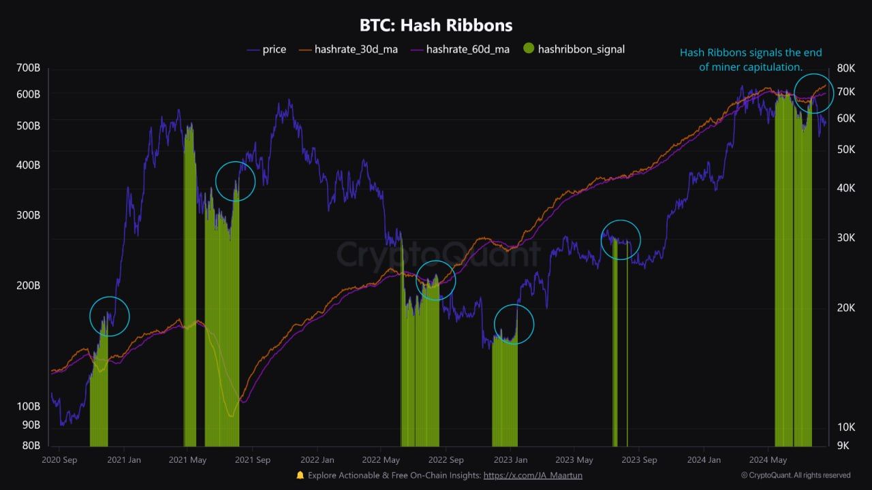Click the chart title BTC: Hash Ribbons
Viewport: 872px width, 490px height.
pyautogui.click(x=436, y=25)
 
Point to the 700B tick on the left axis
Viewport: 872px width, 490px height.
pyautogui.click(x=28, y=68)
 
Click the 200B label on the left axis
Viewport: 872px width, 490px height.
pyautogui.click(x=28, y=285)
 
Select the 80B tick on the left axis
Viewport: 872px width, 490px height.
pyautogui.click(x=31, y=445)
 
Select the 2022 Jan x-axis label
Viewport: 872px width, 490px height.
pyautogui.click(x=317, y=460)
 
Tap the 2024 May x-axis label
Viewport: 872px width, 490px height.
pyautogui.click(x=768, y=460)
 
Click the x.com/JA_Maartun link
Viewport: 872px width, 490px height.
pyautogui.click(x=533, y=476)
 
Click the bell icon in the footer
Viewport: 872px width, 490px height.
pyautogui.click(x=300, y=475)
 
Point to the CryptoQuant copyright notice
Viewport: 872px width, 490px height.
pyautogui.click(x=796, y=476)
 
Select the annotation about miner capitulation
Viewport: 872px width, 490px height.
pyautogui.click(x=751, y=59)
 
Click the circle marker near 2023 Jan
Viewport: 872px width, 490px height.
pyautogui.click(x=514, y=324)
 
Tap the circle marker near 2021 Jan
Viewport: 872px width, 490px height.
pyautogui.click(x=110, y=316)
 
